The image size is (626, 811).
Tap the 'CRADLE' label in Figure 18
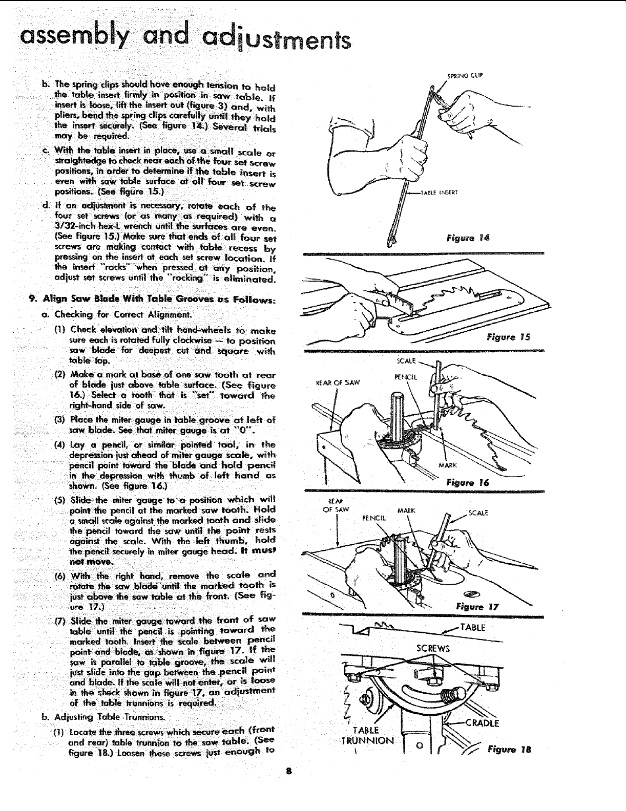click(x=481, y=723)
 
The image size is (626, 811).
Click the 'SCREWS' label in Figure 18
click(x=433, y=649)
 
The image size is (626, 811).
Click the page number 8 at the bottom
click(x=290, y=785)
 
